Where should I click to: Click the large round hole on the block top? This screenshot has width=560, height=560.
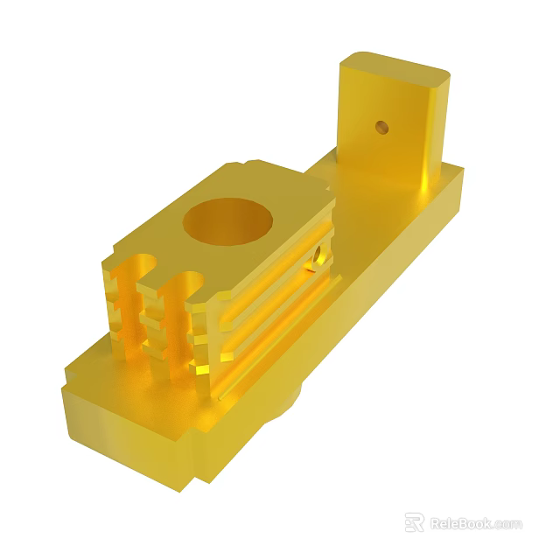click(226, 220)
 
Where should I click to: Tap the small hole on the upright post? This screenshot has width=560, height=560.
click(381, 127)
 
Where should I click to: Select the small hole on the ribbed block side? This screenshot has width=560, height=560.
click(318, 256)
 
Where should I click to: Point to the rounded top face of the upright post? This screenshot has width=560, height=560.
click(393, 66)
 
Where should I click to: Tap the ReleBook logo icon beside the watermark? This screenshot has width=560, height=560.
click(415, 522)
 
